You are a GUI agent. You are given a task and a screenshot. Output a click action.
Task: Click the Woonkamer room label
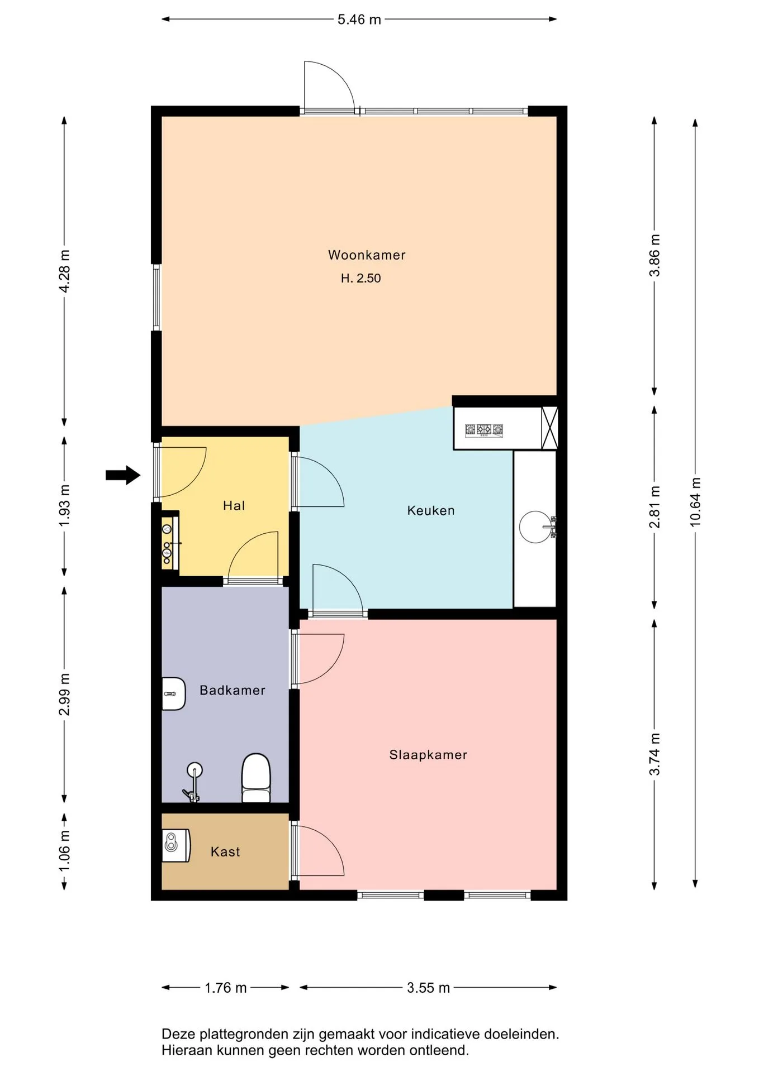pos(367,255)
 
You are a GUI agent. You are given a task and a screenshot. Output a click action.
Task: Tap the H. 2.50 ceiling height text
pos(361,278)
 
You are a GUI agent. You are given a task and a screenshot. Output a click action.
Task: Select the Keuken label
pos(431,510)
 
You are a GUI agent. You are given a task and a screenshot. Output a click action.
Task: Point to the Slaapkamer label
pos(428,755)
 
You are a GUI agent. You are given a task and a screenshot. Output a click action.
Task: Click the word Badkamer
pos(233,691)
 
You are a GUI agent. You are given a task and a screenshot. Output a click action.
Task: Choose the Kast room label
pos(225,851)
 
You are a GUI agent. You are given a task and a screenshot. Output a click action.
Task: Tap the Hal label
pos(234,506)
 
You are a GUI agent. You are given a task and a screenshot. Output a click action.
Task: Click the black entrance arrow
pos(123,475)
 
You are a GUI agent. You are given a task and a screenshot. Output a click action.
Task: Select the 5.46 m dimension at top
pos(359,20)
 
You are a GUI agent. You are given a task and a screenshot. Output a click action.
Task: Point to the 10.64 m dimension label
pos(695,502)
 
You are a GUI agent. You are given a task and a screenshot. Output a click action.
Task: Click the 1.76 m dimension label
pos(226,988)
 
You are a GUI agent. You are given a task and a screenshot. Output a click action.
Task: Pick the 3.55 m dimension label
pos(429,988)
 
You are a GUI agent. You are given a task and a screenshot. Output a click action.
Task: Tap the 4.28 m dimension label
pos(65,271)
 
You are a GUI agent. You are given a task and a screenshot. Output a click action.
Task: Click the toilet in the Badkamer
pos(256,778)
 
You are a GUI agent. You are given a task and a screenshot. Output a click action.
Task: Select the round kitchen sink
pos(535,527)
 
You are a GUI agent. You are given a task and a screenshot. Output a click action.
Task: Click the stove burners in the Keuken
pos(484,430)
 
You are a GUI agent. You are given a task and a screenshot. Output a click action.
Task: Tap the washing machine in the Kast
pos(176,845)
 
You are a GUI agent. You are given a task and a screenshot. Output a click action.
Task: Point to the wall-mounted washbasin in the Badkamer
pos(173,694)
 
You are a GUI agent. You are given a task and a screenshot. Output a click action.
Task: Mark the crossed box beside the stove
pos(550,428)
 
